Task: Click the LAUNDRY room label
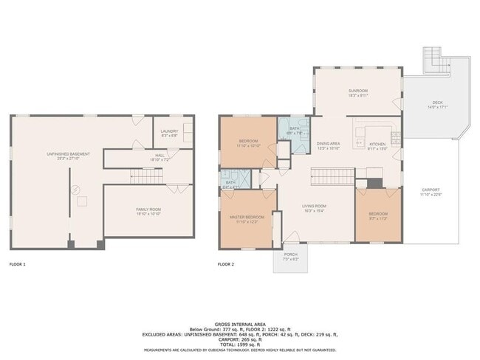coord(169,134)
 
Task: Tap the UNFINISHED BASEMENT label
coord(69,154)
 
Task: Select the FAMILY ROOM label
coord(148,210)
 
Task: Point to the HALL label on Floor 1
coord(160,156)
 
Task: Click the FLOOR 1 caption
coord(17,263)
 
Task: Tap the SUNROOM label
coord(358,92)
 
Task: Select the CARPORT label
coord(431,193)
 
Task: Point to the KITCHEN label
coord(377,145)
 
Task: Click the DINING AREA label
coord(328,145)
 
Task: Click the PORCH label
coord(291,255)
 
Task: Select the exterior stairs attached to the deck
coord(432,58)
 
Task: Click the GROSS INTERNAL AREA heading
coord(240,324)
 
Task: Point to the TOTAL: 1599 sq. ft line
coord(240,345)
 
